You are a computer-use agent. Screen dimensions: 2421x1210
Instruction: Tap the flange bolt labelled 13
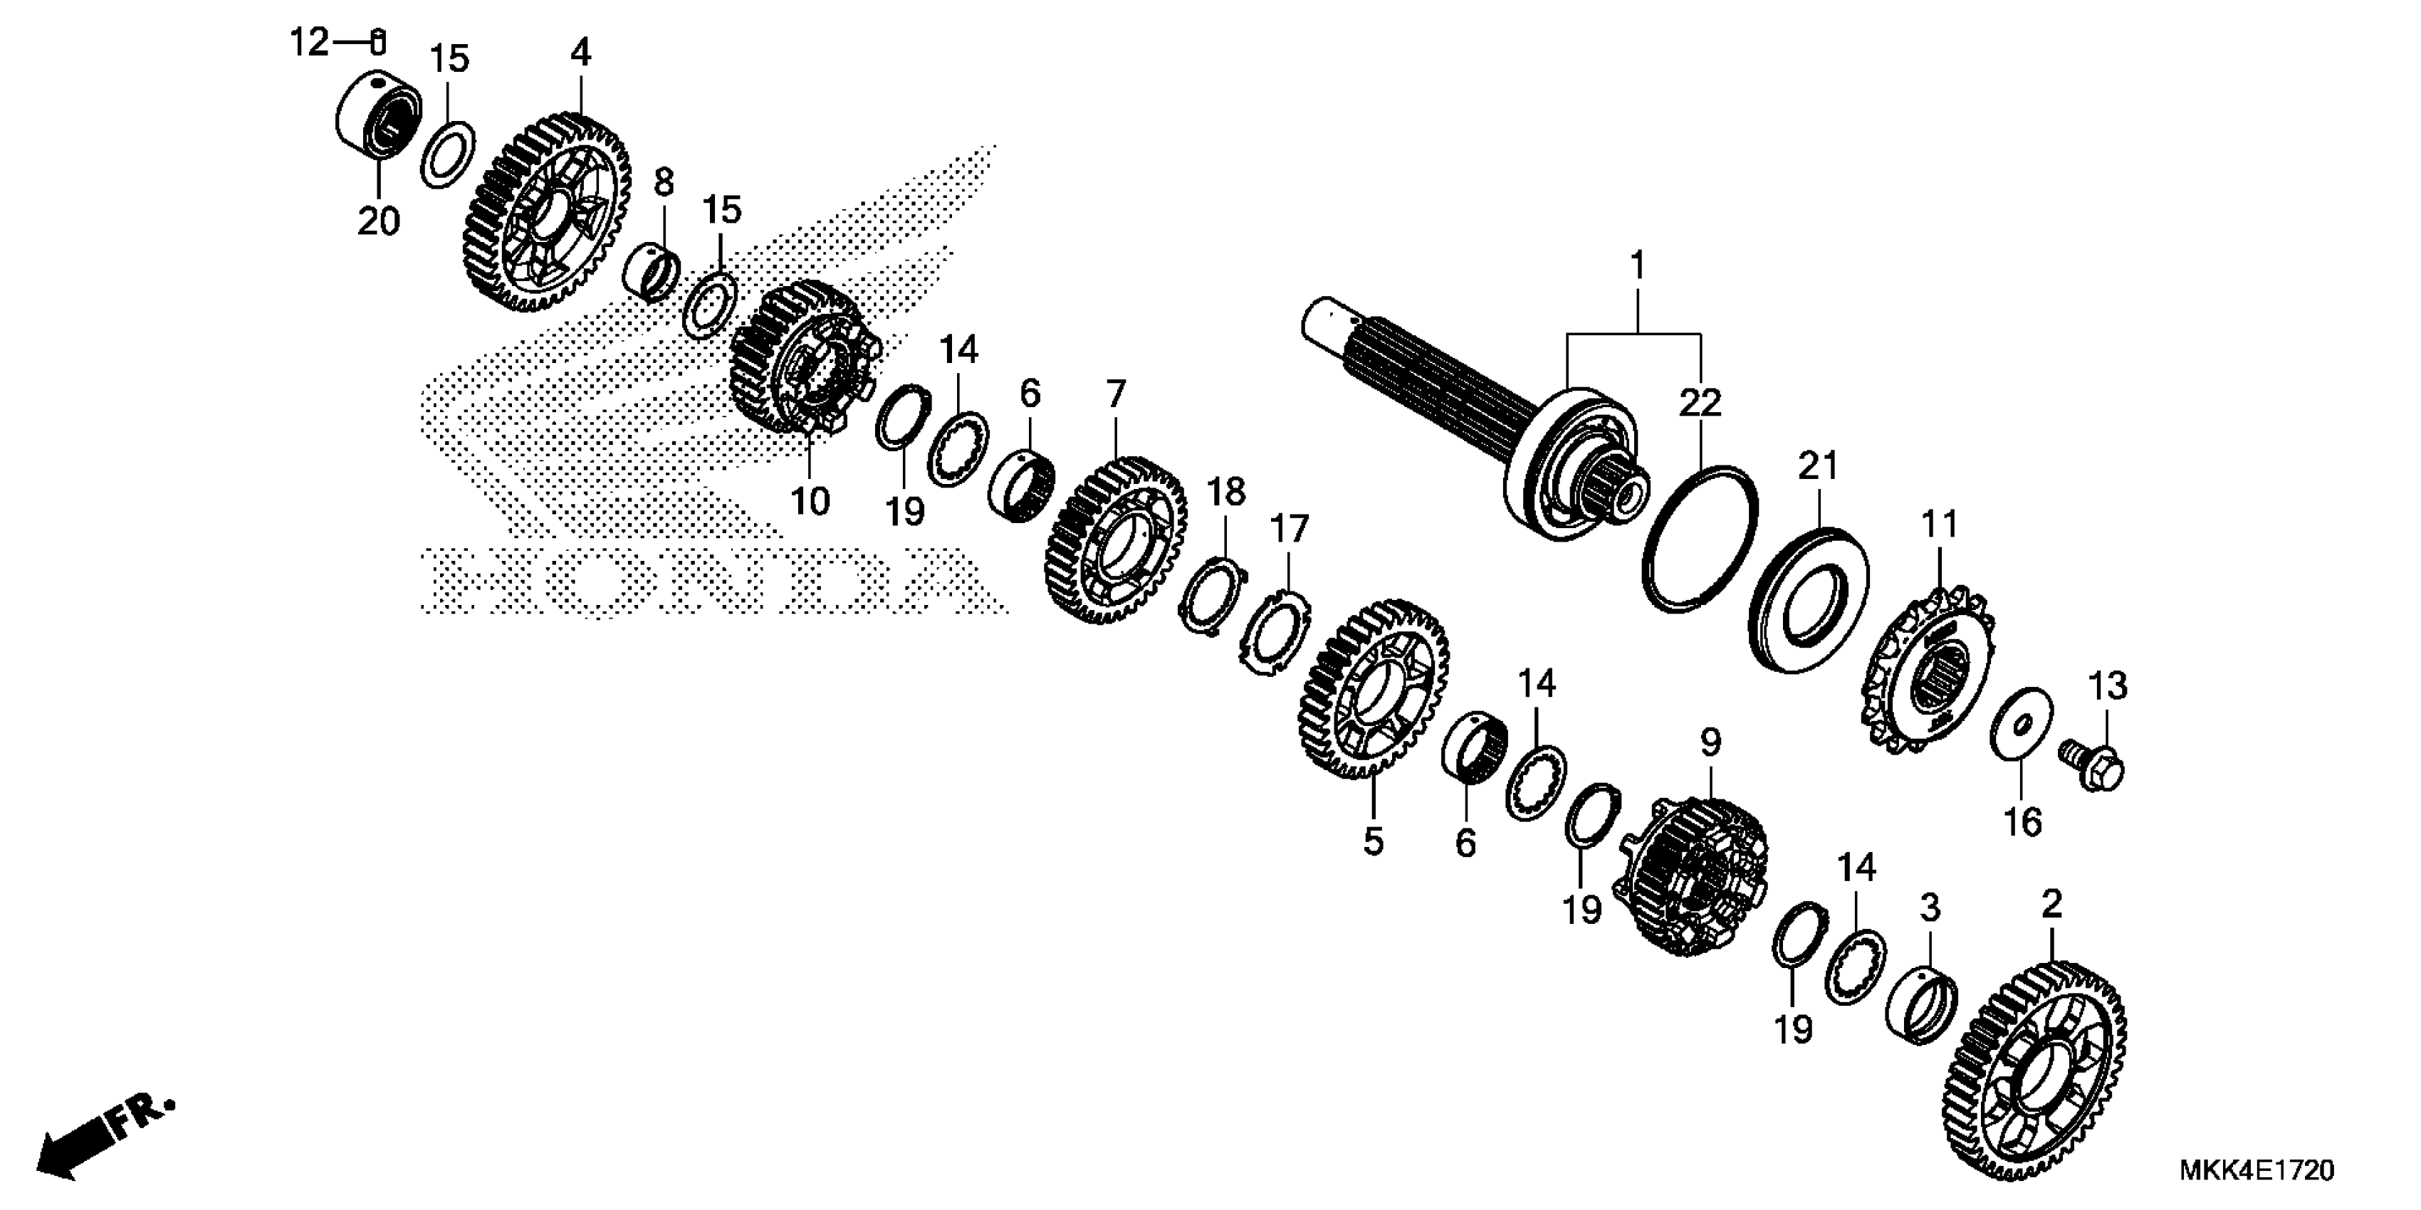pos(2093,764)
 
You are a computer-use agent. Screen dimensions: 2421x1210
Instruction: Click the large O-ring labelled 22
pos(1700,538)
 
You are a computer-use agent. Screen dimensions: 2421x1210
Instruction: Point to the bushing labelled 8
pos(653,268)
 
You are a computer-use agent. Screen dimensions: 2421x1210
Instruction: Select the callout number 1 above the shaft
pos(1637,266)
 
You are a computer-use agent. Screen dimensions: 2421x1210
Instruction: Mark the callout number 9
pos(1710,742)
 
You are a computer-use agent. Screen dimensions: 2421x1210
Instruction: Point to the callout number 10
pos(810,500)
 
